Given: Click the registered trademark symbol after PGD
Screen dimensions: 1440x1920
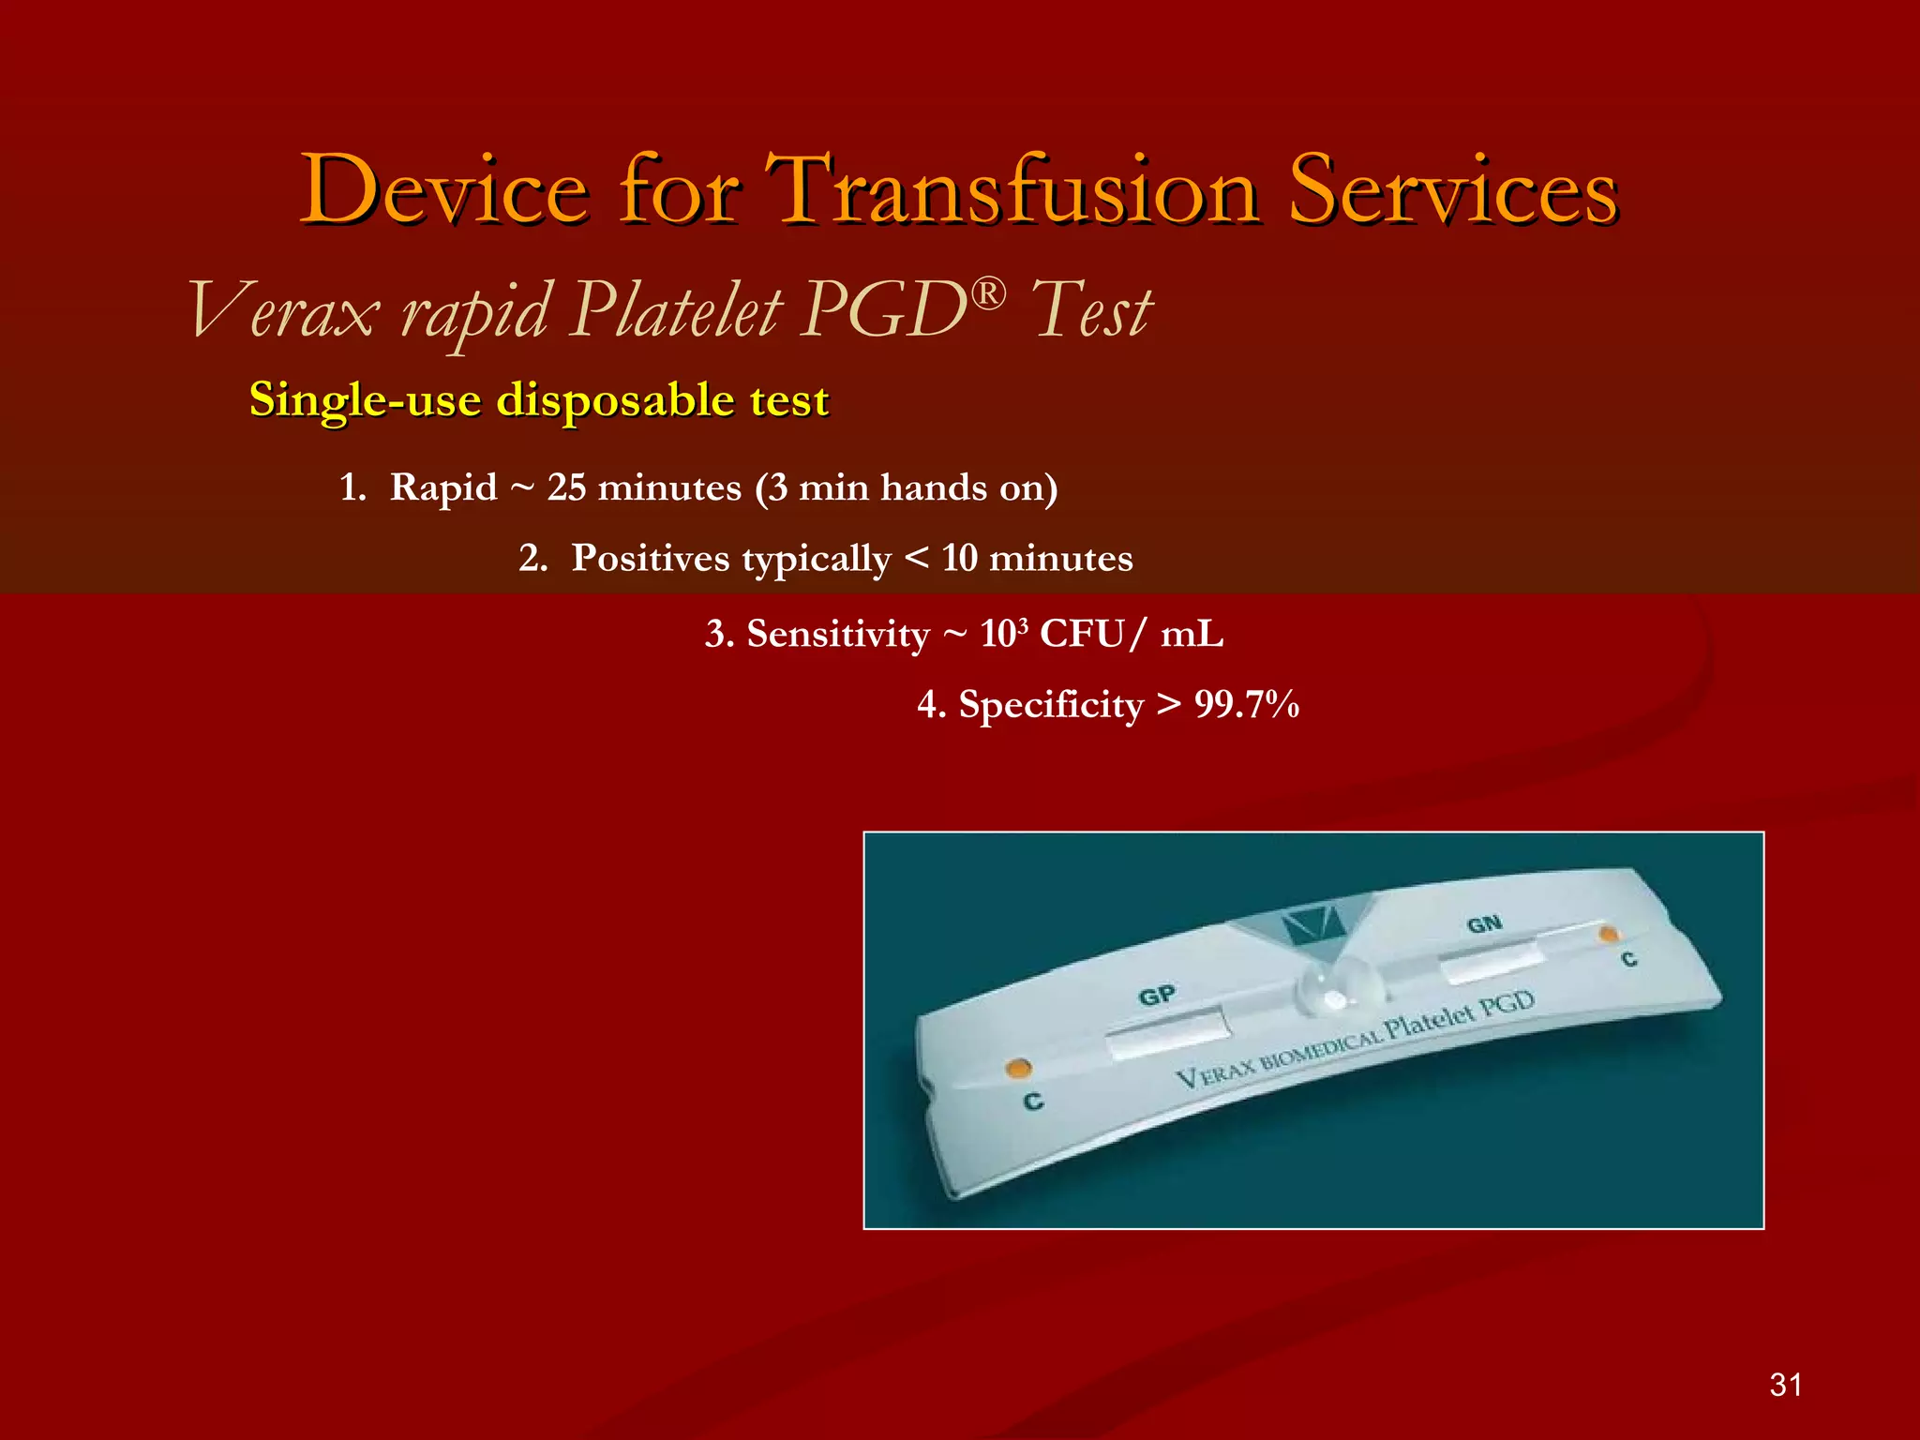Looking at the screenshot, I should (x=987, y=293).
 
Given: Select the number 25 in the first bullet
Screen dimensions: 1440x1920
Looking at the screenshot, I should (x=566, y=487).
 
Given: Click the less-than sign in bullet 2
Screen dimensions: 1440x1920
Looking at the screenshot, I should (x=917, y=559).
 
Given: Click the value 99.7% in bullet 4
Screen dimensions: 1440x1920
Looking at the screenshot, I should (x=1247, y=705).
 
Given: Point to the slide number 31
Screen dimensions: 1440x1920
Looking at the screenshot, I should (x=1785, y=1385).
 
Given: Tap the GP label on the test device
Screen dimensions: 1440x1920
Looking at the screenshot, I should (x=1156, y=996).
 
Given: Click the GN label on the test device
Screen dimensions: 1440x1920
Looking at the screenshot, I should (x=1484, y=925).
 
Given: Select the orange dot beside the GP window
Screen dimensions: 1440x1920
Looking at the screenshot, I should (x=1018, y=1068).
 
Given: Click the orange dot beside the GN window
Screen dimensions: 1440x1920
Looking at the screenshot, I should (x=1608, y=935).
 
